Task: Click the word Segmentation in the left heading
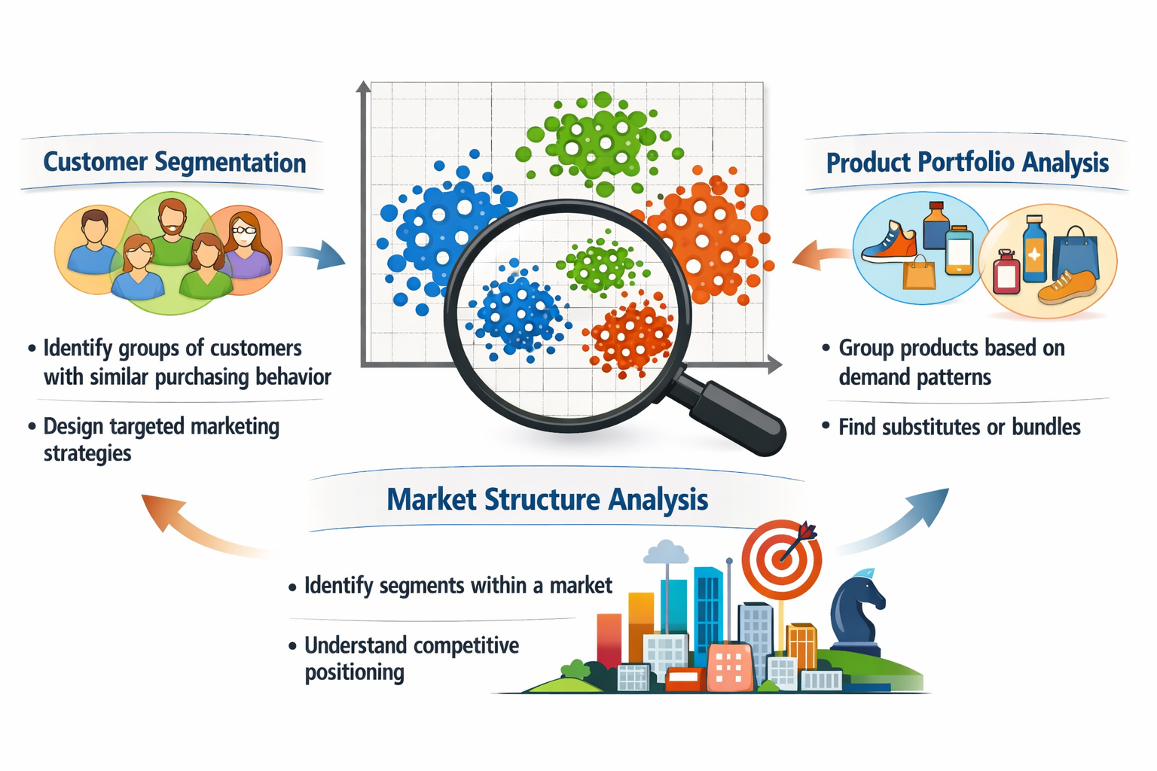(230, 163)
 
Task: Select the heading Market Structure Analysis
(547, 499)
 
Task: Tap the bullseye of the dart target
(781, 559)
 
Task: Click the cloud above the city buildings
(665, 553)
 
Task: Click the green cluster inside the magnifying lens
(599, 265)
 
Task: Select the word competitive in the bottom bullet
(466, 646)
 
